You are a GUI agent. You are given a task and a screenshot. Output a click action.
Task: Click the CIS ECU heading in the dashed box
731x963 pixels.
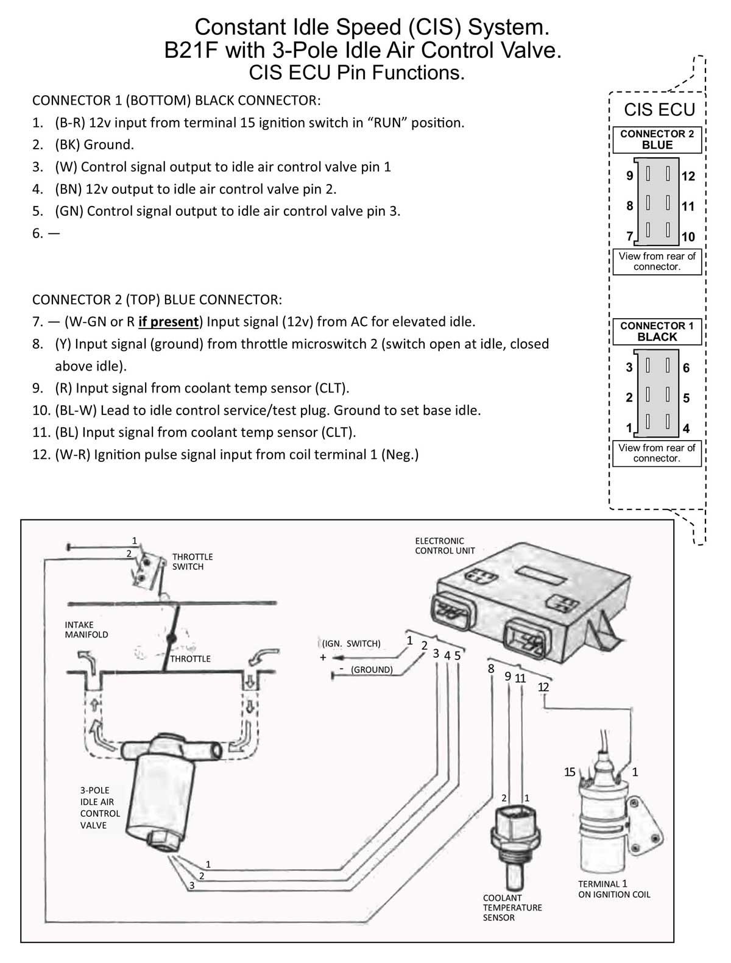pos(659,110)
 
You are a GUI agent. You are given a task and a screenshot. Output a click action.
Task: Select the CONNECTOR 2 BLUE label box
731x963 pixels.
pos(657,140)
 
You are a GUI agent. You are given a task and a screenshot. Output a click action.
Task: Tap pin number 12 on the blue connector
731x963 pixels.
pos(688,177)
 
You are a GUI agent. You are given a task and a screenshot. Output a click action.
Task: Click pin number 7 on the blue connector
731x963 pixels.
pos(629,236)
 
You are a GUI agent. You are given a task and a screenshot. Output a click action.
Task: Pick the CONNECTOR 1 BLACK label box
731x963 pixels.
pos(657,331)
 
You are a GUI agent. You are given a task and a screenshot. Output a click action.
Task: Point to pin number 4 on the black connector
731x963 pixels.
pos(687,428)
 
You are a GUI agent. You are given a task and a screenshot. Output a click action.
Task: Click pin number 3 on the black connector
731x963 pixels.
pos(629,368)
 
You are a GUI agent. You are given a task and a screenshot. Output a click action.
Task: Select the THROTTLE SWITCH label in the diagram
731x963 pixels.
pos(192,561)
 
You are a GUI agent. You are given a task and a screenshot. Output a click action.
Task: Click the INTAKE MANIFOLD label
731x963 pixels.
pos(86,630)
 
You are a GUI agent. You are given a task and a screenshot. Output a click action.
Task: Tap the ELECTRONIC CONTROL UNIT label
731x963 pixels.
pos(445,545)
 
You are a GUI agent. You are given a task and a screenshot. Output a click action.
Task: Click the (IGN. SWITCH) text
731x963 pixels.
pos(351,644)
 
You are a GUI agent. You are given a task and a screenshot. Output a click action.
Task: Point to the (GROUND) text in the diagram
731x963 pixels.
pos(372,669)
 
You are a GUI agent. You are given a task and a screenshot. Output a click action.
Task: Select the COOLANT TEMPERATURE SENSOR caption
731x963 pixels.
pos(512,908)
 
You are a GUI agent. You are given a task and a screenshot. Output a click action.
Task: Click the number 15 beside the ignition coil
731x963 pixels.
pos(570,772)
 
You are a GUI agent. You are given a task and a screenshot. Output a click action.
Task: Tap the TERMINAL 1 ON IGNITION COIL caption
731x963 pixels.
pos(613,889)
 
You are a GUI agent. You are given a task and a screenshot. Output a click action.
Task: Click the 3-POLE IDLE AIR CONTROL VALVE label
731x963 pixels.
pos(100,808)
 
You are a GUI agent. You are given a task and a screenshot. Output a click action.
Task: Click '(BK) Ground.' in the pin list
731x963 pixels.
pos(94,145)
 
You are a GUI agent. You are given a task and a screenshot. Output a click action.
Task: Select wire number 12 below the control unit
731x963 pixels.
pos(543,688)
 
